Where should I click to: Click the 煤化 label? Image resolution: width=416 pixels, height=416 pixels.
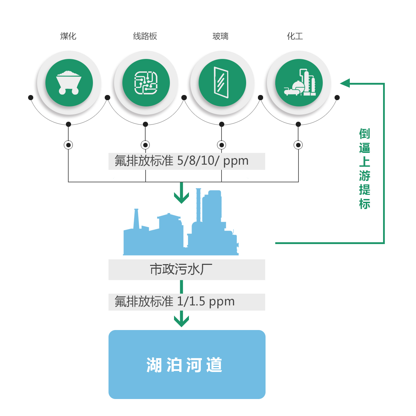click(x=68, y=36)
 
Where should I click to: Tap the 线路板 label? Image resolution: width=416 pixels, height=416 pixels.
click(x=145, y=36)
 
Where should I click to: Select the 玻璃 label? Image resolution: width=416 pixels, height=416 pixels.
click(x=220, y=36)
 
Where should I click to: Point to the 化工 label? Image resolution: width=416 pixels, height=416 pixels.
click(x=295, y=36)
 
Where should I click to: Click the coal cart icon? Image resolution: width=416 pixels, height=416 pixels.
click(x=69, y=83)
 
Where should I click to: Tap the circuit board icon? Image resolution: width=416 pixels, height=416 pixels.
click(x=146, y=83)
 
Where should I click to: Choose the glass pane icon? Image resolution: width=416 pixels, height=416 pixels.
click(x=222, y=83)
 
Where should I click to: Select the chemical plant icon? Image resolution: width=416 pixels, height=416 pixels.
click(x=299, y=83)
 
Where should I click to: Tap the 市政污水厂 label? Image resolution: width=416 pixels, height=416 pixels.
click(x=181, y=269)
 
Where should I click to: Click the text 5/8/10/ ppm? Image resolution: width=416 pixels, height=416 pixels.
click(x=213, y=161)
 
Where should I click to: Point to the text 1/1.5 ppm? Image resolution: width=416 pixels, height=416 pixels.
click(x=206, y=302)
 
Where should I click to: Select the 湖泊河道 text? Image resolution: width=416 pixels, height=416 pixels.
click(x=184, y=365)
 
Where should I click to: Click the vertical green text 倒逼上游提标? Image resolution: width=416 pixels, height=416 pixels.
click(x=364, y=168)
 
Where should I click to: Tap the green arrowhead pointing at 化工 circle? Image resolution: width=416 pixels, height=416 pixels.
click(x=345, y=83)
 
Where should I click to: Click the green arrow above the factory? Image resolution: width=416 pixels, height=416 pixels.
click(x=181, y=194)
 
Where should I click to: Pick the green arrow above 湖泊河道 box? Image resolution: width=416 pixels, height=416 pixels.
click(x=181, y=319)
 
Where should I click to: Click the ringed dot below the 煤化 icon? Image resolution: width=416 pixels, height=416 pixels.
click(x=69, y=145)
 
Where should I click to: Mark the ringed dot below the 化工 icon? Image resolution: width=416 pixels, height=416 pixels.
click(x=298, y=145)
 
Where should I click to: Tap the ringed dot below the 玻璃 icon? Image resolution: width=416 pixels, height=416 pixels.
click(x=222, y=145)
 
